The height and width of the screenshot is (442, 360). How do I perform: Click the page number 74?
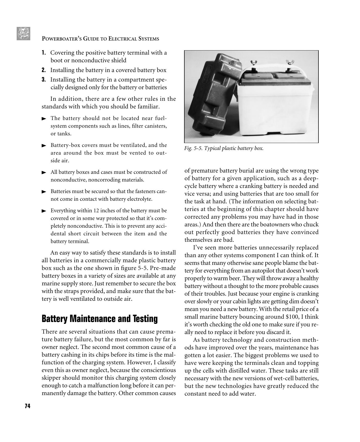27,406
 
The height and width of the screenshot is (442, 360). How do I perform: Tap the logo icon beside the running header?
23,34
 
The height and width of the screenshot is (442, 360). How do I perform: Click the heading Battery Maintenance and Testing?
99,319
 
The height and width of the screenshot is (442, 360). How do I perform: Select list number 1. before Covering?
44,53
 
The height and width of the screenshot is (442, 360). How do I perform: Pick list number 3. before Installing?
44,80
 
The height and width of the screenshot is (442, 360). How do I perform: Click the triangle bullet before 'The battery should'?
44,118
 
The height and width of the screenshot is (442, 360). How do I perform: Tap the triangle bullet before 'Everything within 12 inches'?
44,211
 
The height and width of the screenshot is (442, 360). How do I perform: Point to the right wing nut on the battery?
290,62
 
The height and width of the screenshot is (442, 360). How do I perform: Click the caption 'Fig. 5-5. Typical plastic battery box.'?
224,148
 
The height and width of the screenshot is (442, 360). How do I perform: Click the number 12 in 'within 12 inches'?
96,211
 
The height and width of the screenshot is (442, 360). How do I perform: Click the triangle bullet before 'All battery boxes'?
44,172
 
